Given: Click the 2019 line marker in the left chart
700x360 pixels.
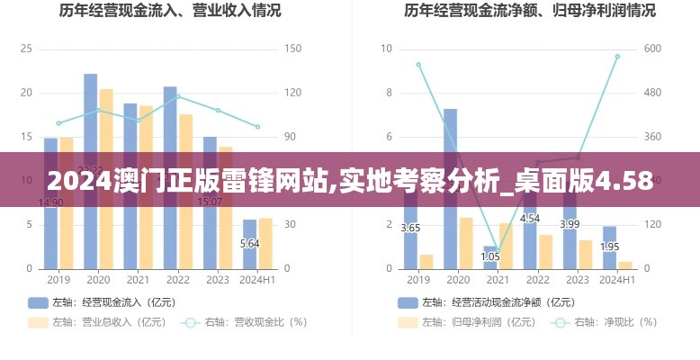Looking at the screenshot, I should coord(58,123).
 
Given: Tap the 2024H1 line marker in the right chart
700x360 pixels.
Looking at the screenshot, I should coord(617,56).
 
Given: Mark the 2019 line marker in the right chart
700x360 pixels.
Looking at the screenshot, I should coord(418,64).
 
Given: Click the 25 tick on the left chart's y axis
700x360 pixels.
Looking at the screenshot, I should coord(26,49).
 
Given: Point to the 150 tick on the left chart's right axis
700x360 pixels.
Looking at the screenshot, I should coord(292,49).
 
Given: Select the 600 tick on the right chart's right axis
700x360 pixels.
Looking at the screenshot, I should coord(651,49).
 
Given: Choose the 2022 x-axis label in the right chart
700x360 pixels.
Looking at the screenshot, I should coord(538,281).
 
